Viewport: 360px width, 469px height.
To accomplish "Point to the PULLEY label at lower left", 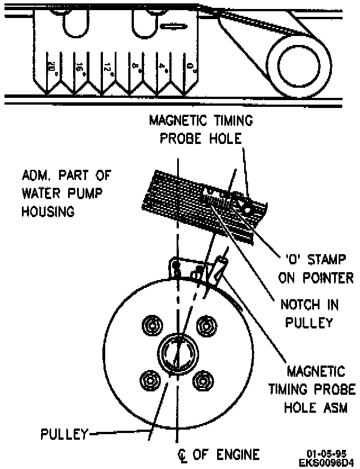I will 65,434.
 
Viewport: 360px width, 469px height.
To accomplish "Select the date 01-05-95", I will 326,454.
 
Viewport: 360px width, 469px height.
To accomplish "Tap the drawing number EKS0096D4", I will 326,462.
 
